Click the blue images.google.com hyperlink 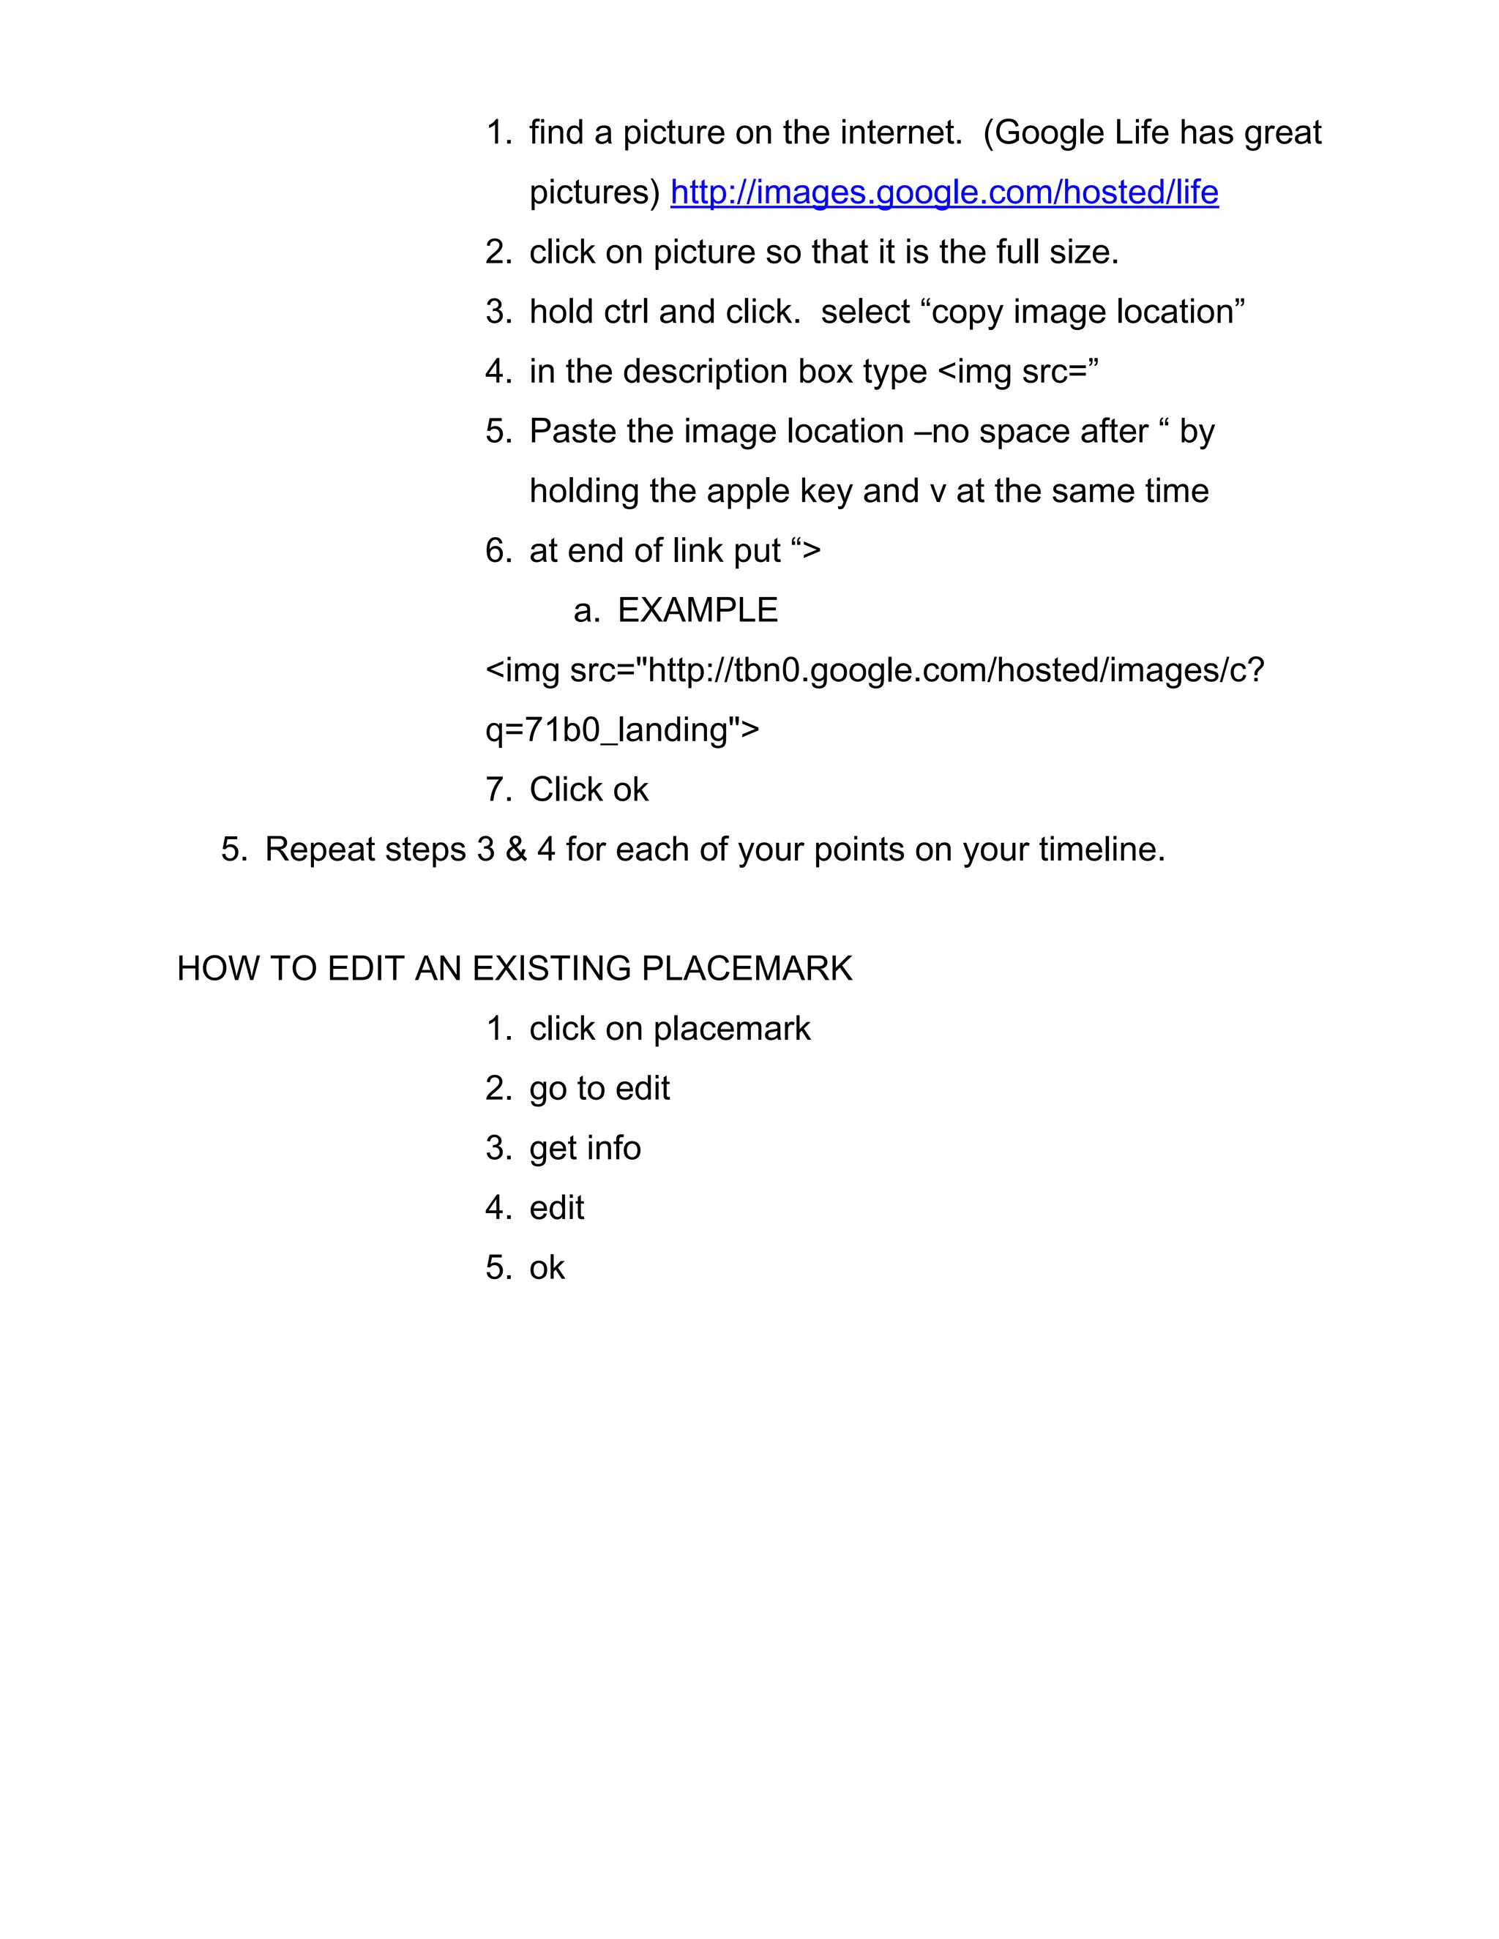[x=944, y=192]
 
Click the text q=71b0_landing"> [x=621, y=730]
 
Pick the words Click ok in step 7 [x=588, y=790]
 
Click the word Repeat [x=320, y=850]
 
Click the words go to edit [x=599, y=1089]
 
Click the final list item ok [x=546, y=1268]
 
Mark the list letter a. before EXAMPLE [x=586, y=611]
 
